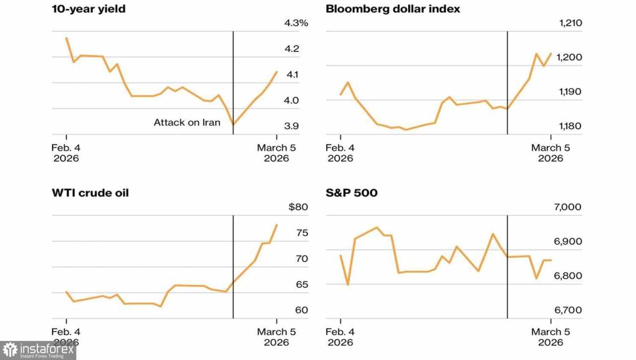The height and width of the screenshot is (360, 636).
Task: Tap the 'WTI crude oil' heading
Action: (x=90, y=192)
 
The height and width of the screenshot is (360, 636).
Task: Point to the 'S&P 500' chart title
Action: (x=351, y=192)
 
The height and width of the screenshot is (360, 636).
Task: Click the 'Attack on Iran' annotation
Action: (x=187, y=122)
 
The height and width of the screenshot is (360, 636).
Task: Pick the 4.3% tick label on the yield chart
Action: (x=297, y=23)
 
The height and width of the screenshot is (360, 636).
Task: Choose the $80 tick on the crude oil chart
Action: (x=298, y=207)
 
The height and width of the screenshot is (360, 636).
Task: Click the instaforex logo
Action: (x=38, y=350)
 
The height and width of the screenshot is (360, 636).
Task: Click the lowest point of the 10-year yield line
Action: (x=233, y=125)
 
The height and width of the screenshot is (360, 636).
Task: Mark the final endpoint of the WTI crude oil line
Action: (x=277, y=225)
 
